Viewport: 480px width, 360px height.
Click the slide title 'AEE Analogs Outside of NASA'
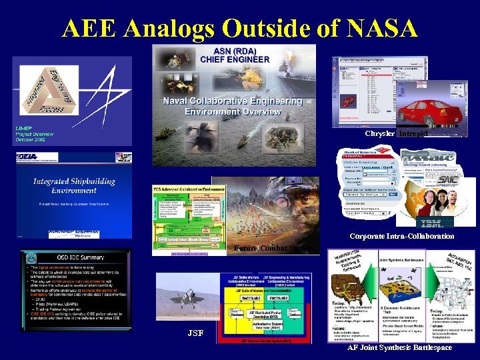pos(240,28)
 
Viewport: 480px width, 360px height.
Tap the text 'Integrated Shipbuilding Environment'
pos(74,186)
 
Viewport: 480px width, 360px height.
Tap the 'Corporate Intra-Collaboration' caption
pos(402,236)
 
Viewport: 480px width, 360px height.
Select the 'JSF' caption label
pos(195,332)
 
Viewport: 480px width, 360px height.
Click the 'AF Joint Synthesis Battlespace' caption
pos(399,347)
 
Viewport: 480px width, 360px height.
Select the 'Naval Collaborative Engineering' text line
pos(233,101)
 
